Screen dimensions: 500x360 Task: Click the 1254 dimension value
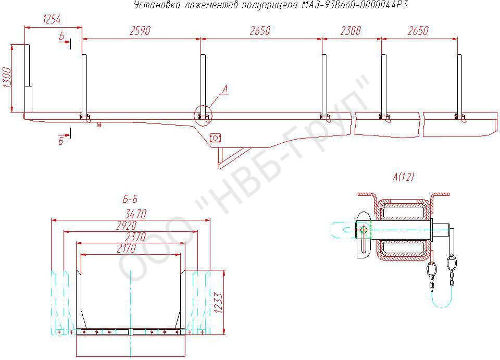pyautogui.click(x=52, y=19)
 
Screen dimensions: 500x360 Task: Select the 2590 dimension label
pyautogui.click(x=140, y=31)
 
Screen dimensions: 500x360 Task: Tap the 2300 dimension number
pyautogui.click(x=351, y=31)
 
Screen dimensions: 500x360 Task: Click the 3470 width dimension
pyautogui.click(x=136, y=214)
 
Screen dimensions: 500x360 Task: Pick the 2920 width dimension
pyautogui.click(x=126, y=226)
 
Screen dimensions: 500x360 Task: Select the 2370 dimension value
pyautogui.click(x=135, y=237)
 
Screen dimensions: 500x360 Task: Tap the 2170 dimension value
pyautogui.click(x=126, y=248)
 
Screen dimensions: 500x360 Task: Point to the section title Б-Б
pyautogui.click(x=130, y=200)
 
